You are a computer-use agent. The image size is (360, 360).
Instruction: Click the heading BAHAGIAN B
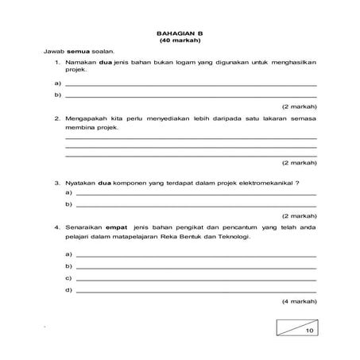tap(180, 32)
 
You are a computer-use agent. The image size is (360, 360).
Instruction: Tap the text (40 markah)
tap(180, 40)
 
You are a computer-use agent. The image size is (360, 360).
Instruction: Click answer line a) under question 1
tap(191, 84)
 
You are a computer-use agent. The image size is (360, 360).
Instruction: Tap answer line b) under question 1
tap(191, 95)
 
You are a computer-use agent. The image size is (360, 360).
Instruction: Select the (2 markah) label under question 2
tap(299, 162)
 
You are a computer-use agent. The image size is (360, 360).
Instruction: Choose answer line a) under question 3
tap(195, 194)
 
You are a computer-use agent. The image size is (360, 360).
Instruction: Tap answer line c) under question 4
tap(195, 279)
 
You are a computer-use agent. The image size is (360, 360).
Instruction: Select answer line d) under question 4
tap(195, 291)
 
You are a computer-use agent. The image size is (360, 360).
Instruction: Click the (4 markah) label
tap(299, 303)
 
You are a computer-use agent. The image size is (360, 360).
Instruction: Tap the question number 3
tap(57, 182)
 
